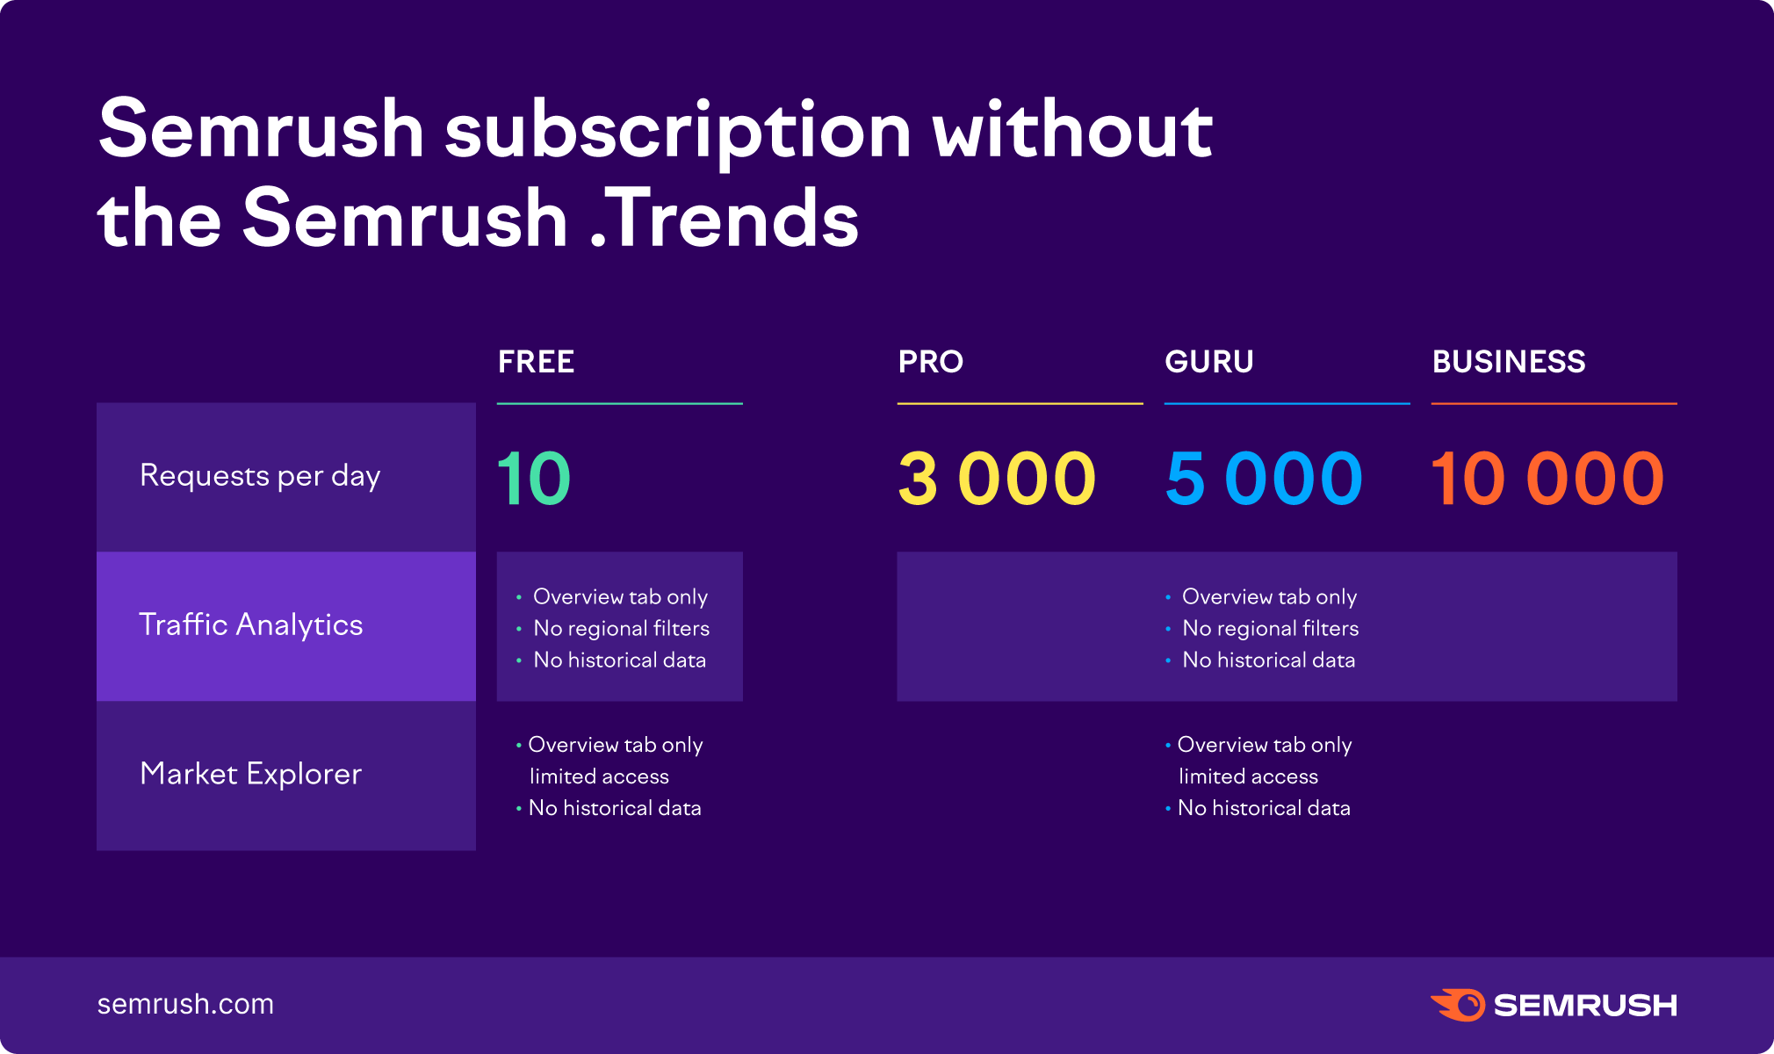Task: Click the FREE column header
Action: (536, 361)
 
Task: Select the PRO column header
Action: (931, 361)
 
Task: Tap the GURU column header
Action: (1209, 361)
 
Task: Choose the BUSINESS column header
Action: (1509, 361)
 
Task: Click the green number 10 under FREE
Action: (534, 479)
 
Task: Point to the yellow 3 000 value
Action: (998, 479)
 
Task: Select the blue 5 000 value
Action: (1265, 479)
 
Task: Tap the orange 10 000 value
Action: (1547, 479)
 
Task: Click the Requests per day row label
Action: (260, 476)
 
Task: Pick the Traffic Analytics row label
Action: (251, 624)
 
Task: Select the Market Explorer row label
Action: (251, 774)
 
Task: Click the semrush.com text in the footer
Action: (185, 1004)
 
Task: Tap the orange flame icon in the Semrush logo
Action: (1458, 1005)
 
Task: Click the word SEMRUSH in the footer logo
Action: (1585, 1005)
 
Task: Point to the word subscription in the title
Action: (678, 132)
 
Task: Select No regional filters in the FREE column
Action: (622, 628)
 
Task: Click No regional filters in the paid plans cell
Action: (1271, 628)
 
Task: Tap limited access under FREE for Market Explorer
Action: (599, 776)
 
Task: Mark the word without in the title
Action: (1072, 130)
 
